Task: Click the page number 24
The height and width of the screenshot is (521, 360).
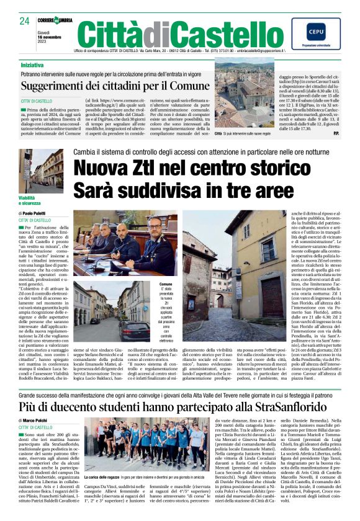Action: pyautogui.click(x=24, y=21)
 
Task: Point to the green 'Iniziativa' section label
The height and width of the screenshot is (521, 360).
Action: pyautogui.click(x=37, y=65)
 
